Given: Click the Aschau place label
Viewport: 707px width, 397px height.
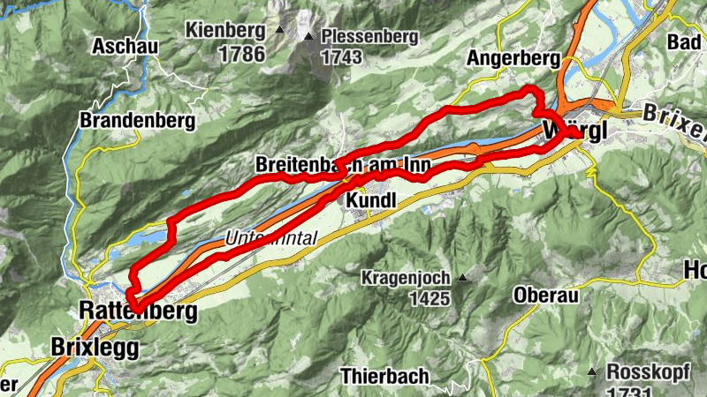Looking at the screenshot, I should (x=124, y=45).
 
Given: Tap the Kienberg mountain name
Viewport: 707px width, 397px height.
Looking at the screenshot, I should (x=226, y=31).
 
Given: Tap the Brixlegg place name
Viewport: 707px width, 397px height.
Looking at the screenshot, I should (x=95, y=347).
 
